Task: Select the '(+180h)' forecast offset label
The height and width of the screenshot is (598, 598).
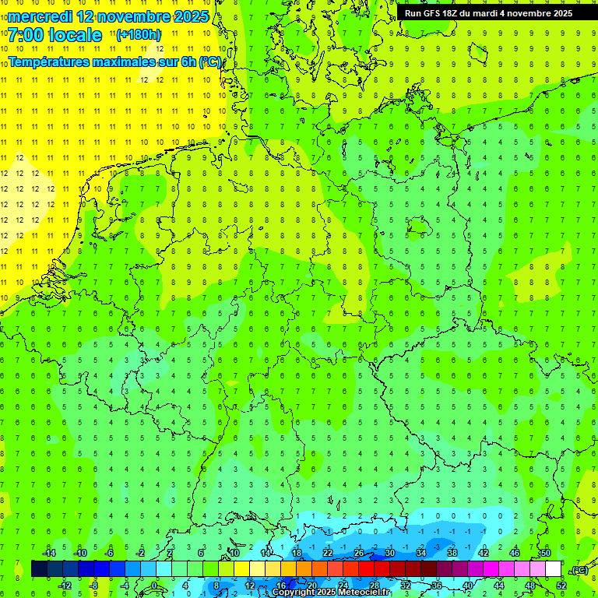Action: point(138,34)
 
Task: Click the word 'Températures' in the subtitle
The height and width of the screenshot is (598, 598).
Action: point(49,62)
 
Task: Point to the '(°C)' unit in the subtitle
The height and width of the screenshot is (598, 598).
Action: point(209,62)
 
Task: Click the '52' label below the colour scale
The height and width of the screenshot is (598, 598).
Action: point(561,585)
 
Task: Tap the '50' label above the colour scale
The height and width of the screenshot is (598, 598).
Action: point(546,553)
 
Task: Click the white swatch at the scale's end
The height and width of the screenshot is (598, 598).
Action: point(554,569)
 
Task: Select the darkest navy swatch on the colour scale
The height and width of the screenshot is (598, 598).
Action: point(39,569)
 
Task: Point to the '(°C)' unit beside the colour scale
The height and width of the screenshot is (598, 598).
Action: point(579,571)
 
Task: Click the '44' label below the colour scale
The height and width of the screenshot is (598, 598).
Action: point(499,585)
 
